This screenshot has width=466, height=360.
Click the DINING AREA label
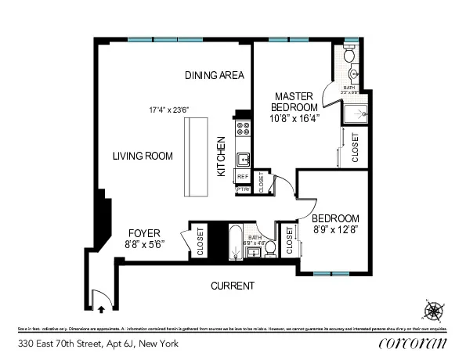point(215,76)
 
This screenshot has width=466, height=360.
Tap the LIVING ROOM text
point(142,156)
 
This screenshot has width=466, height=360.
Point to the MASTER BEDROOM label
point(294,101)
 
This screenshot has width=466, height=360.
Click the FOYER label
point(144,233)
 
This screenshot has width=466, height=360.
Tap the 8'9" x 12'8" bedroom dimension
point(335,230)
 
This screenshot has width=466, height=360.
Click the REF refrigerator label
point(243,178)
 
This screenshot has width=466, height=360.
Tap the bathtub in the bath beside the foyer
point(234,243)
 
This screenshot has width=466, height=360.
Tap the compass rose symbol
point(432,311)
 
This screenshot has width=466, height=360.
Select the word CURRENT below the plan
point(233,286)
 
